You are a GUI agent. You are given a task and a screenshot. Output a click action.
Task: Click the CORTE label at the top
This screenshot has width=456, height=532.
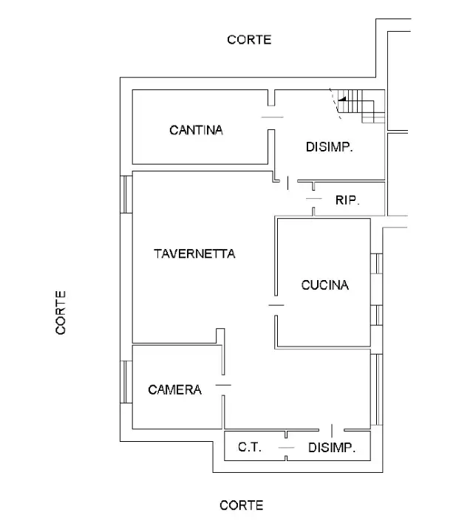[249, 40]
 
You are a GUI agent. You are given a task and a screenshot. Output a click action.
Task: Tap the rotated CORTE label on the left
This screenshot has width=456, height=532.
[61, 312]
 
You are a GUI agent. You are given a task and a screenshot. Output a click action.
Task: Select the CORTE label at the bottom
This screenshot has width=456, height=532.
[241, 505]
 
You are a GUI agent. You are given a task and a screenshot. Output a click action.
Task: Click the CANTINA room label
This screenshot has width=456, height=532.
[196, 130]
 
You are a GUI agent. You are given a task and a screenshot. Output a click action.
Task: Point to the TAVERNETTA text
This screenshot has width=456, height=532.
[194, 253]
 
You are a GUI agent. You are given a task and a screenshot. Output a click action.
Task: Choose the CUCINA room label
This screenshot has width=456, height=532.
[324, 284]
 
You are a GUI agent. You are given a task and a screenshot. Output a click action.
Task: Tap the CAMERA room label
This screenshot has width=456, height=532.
[174, 389]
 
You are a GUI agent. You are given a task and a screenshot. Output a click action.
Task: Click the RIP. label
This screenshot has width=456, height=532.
[347, 199]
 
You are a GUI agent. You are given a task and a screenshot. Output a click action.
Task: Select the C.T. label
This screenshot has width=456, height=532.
[249, 447]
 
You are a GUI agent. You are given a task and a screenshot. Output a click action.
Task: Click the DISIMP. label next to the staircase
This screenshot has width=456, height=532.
[329, 147]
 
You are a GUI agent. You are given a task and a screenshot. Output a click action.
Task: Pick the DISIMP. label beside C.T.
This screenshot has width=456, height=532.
[332, 447]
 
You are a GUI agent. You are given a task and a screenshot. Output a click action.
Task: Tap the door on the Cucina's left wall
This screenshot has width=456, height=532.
[276, 305]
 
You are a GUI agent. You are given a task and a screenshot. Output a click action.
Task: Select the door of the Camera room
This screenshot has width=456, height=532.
[222, 385]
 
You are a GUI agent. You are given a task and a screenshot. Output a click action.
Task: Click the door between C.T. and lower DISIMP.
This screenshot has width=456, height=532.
[286, 448]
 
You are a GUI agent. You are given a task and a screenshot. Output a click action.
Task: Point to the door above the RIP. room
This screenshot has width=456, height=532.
[314, 199]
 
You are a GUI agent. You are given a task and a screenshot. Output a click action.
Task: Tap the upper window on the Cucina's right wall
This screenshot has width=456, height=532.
[375, 264]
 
